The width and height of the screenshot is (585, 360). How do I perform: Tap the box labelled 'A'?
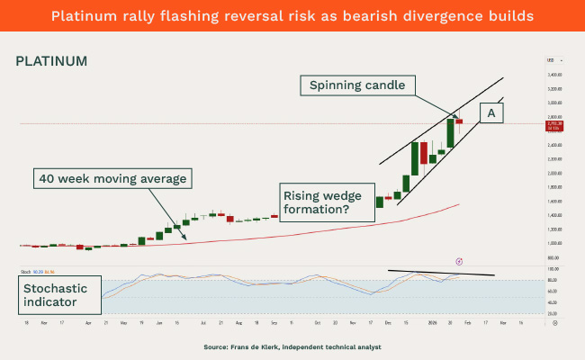pyautogui.click(x=491, y=112)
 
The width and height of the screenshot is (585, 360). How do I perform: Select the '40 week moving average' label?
pyautogui.click(x=112, y=179)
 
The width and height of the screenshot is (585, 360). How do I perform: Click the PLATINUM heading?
pyautogui.click(x=51, y=61)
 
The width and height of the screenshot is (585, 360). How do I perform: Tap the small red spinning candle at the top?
pyautogui.click(x=458, y=121)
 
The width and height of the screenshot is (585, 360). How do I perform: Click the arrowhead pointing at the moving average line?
pyautogui.click(x=185, y=238)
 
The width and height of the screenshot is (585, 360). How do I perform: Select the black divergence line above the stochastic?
pyautogui.click(x=441, y=272)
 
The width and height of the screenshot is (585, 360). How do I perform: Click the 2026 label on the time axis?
pyautogui.click(x=433, y=321)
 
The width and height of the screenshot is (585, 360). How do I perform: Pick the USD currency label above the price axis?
pyautogui.click(x=550, y=60)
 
